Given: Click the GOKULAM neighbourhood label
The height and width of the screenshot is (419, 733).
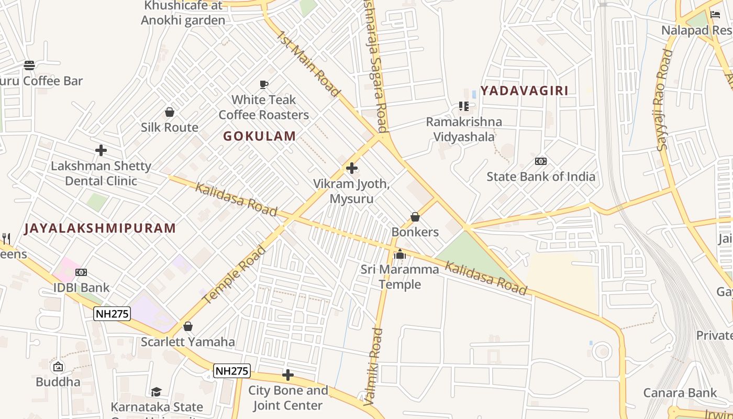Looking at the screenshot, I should point(260,136).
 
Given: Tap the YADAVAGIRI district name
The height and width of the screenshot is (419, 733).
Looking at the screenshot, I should point(524,91).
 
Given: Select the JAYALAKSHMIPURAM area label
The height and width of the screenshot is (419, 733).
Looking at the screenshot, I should point(100,228).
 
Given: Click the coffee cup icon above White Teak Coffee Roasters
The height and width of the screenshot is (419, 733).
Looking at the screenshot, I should point(264,84).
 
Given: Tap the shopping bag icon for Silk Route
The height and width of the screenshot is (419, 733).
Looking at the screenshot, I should point(170,112).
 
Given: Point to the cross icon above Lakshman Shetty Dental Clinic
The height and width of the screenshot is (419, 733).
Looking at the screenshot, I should point(101,151).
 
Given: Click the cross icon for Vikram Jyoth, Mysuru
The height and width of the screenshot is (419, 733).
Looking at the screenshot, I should point(352,168).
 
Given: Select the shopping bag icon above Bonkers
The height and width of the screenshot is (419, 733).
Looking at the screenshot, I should point(415,217).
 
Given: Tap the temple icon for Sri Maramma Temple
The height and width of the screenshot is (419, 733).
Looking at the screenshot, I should point(400,255).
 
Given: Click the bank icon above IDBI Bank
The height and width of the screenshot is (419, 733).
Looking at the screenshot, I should point(81,272).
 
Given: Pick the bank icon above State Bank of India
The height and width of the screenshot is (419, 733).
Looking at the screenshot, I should point(541,161).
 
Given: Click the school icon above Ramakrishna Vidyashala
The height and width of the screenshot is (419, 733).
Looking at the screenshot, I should point(463,106).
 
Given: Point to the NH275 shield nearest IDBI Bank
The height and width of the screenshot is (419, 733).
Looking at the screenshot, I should point(112,314).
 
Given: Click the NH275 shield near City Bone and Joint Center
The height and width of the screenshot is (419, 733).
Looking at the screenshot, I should point(232,371).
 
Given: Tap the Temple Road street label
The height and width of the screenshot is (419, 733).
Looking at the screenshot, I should point(234,274).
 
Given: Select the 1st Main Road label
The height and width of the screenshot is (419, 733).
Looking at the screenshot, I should point(308,64).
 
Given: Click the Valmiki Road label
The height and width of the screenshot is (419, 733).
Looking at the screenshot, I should point(373,366).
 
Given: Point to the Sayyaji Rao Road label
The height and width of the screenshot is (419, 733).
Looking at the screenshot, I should point(663,100).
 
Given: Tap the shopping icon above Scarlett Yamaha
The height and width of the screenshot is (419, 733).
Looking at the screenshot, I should point(188,327).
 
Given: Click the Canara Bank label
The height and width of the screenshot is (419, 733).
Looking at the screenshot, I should point(680,393).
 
